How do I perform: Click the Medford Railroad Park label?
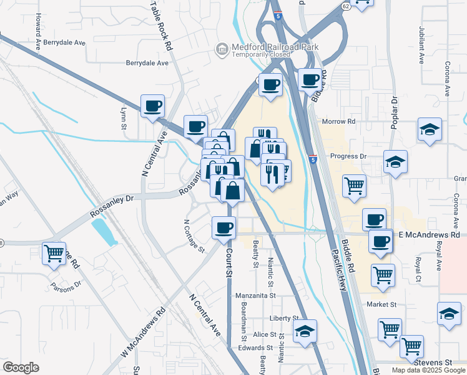tap(275, 47)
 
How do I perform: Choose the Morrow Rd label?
tap(338, 121)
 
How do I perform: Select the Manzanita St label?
tap(255, 296)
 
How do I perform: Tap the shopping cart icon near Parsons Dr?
tap(54, 253)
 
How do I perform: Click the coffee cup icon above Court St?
tap(224, 227)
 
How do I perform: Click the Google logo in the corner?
tap(21, 367)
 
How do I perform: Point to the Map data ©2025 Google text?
tap(428, 370)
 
